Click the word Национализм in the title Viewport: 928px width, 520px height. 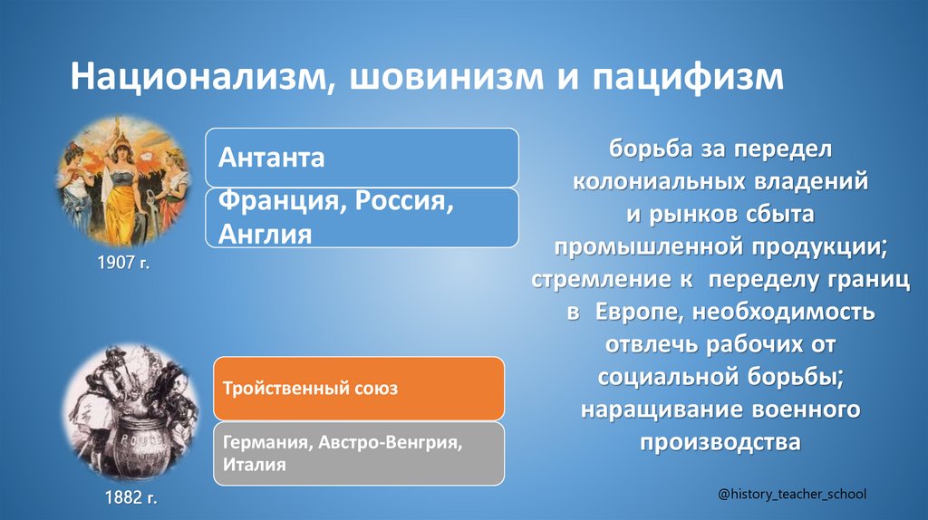(x=194, y=76)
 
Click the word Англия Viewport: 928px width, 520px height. (x=264, y=234)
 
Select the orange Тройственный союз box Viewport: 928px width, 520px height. (x=359, y=389)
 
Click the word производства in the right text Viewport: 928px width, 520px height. (x=720, y=442)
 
